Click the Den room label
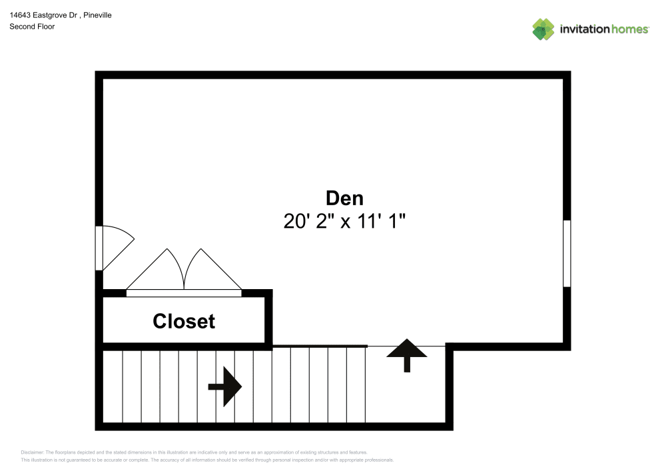click(x=344, y=198)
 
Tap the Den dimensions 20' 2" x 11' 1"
click(x=344, y=221)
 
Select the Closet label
click(x=184, y=321)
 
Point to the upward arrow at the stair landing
click(x=407, y=354)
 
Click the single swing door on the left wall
click(x=115, y=246)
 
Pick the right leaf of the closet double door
click(x=211, y=272)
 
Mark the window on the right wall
click(x=567, y=253)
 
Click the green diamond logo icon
click(x=543, y=29)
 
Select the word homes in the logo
click(x=630, y=29)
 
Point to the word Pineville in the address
click(x=97, y=15)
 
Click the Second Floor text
click(x=32, y=27)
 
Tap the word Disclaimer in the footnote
click(x=33, y=452)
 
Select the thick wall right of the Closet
click(x=269, y=320)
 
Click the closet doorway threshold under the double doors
click(x=184, y=292)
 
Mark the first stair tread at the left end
click(x=113, y=386)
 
